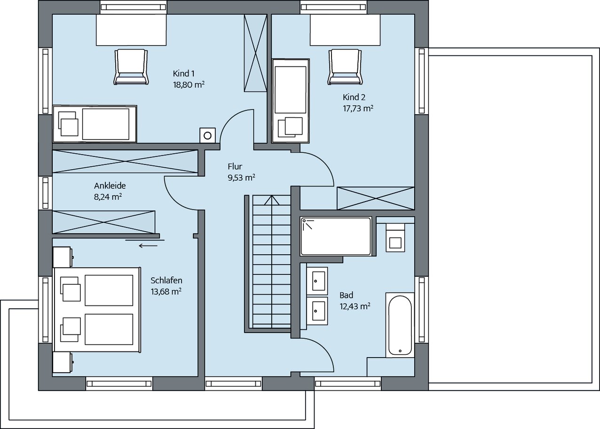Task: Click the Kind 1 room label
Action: coord(183,74)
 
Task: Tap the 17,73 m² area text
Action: coord(358,109)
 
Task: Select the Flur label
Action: coord(235,166)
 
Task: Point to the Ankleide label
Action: coord(110,186)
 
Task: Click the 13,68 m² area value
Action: coord(166,291)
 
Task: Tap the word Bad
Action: coord(347,295)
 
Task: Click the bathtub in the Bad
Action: coord(400,325)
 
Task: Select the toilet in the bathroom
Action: coord(395,238)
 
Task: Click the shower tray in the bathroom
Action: coord(336,236)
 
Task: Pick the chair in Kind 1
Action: coord(131,67)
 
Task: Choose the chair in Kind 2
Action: coord(345,67)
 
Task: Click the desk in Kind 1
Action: coord(131,30)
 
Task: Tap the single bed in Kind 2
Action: coord(291,101)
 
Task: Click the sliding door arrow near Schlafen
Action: coord(148,246)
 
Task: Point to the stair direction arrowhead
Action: coord(272,200)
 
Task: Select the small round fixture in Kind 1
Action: coord(207,135)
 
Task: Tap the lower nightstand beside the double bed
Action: coord(63,362)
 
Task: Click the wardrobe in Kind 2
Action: coord(376,198)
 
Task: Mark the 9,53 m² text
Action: coord(241,178)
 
